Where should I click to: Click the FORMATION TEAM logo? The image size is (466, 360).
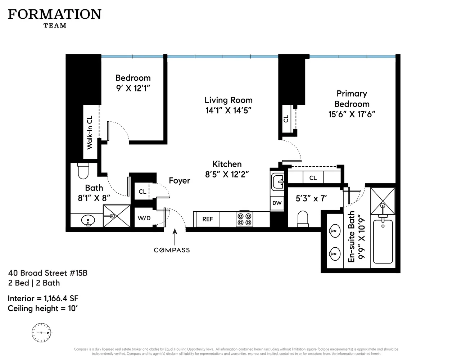[x=55, y=18]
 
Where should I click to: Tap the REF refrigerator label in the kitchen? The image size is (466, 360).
[x=207, y=219]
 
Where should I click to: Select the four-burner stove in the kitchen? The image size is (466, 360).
[x=244, y=219]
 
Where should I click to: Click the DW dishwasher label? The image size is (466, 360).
[x=277, y=203]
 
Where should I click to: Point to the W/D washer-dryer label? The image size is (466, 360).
[x=144, y=218]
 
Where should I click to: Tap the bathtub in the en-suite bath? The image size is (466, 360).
[x=383, y=241]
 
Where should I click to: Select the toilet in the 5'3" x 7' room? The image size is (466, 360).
[x=303, y=219]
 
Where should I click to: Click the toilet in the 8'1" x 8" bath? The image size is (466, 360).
[x=83, y=171]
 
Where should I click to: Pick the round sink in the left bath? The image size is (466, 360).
[x=87, y=220]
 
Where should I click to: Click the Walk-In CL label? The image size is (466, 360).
[x=90, y=132]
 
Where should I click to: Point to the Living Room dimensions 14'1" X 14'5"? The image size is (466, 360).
[x=228, y=111]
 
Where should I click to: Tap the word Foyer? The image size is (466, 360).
[x=179, y=181]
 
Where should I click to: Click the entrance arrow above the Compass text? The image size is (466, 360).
[x=175, y=236]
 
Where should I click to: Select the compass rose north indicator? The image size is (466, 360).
[x=41, y=333]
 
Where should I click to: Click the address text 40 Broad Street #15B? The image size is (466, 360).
[x=48, y=273]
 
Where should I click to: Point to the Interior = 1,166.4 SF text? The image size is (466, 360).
[x=43, y=298]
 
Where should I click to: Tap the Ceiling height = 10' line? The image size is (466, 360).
[x=43, y=309]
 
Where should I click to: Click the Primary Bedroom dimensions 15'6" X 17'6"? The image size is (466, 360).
[x=352, y=114]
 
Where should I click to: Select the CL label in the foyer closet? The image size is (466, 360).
[x=142, y=192]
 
